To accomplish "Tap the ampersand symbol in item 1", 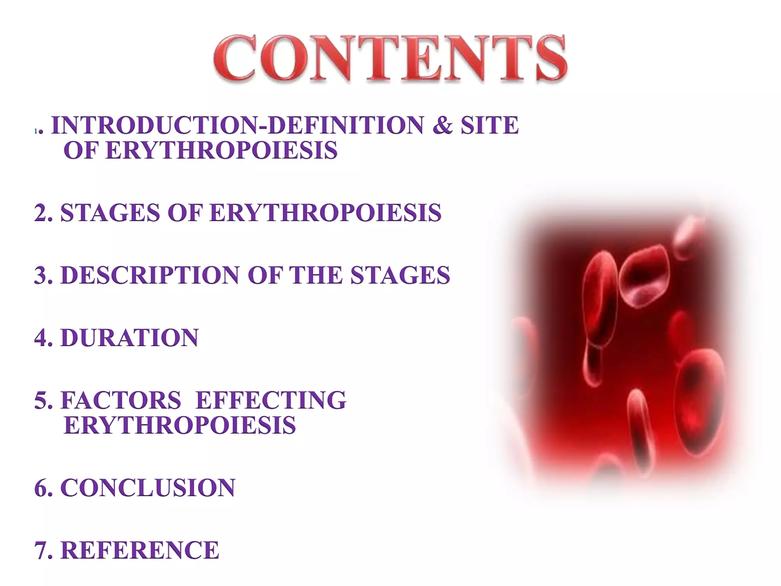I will click(442, 125).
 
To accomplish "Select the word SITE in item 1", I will click(490, 125).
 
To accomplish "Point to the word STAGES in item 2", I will click(110, 213).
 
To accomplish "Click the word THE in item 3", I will click(316, 275).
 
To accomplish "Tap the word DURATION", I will click(130, 338).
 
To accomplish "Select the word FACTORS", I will click(121, 400).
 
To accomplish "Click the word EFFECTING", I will click(271, 400).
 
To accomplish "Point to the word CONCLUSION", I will click(148, 488).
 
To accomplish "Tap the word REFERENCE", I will click(140, 550).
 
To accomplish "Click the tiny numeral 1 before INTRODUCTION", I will click(36, 131).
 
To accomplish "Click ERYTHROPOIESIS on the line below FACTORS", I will click(180, 425).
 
